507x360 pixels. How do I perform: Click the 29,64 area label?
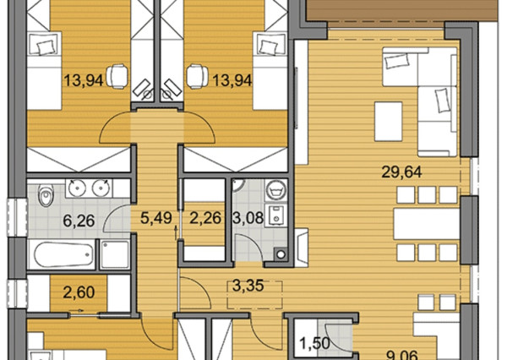tap(401, 172)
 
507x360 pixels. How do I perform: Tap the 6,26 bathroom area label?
tap(79, 221)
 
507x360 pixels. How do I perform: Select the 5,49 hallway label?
tap(155, 218)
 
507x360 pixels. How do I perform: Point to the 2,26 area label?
tap(205, 218)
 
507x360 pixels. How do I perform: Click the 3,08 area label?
tap(248, 218)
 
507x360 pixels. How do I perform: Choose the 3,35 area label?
tap(248, 286)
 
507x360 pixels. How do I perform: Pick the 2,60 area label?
tap(79, 292)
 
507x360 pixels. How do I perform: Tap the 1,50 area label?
tap(314, 343)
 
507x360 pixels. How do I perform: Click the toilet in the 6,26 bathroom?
tap(46, 195)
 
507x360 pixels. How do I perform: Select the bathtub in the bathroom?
tap(61, 254)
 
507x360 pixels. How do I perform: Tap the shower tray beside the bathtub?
tap(114, 254)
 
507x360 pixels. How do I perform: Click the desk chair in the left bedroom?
tap(116, 76)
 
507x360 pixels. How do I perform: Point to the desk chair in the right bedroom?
tap(198, 76)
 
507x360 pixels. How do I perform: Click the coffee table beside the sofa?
tap(389, 122)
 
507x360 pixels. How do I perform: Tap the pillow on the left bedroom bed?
tap(45, 48)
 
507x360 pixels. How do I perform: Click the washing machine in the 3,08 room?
tap(275, 190)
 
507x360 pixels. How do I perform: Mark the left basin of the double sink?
tap(77, 188)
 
